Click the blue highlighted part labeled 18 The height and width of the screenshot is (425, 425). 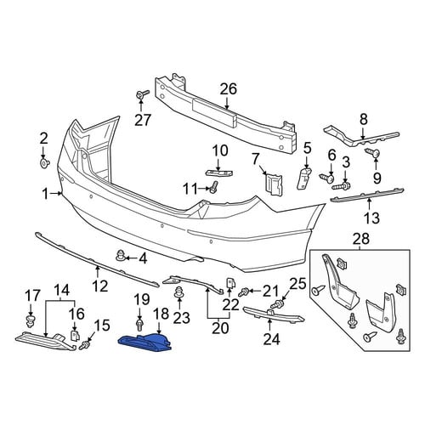pyautogui.click(x=146, y=342)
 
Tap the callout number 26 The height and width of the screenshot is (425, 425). pyautogui.click(x=229, y=89)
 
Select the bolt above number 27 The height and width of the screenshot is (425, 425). pyautogui.click(x=143, y=93)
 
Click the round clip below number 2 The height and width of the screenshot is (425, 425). pyautogui.click(x=44, y=163)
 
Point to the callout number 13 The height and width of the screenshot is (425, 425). pyautogui.click(x=371, y=218)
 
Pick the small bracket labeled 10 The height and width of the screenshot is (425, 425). pyautogui.click(x=218, y=173)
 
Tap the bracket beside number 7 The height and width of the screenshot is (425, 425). pyautogui.click(x=274, y=184)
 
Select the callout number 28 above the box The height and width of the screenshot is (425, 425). pyautogui.click(x=361, y=239)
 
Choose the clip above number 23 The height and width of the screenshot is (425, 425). pyautogui.click(x=178, y=292)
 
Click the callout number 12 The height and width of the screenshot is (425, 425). pyautogui.click(x=100, y=286)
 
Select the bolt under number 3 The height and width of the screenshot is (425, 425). pyautogui.click(x=342, y=186)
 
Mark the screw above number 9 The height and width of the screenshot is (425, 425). pyautogui.click(x=372, y=153)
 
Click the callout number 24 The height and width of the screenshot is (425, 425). pyautogui.click(x=272, y=339)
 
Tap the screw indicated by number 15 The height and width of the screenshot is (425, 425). pyautogui.click(x=84, y=345)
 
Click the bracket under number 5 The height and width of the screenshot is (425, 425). pyautogui.click(x=303, y=178)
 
